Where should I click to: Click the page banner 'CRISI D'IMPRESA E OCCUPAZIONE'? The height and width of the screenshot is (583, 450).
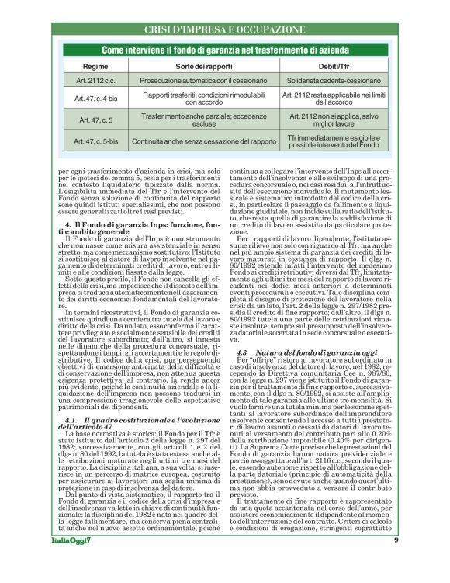[x=225, y=29]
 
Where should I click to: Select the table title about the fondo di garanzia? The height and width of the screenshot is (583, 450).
[x=224, y=49]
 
